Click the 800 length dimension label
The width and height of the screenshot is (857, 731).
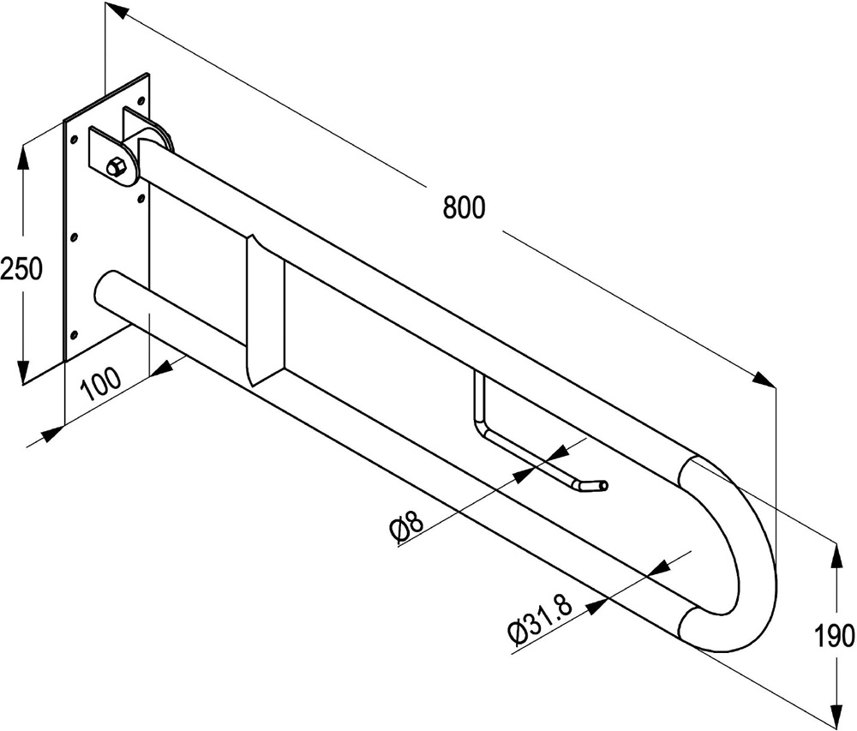pyautogui.click(x=464, y=207)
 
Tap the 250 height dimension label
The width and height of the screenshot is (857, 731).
pyautogui.click(x=21, y=268)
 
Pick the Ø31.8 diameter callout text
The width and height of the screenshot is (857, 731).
pyautogui.click(x=540, y=619)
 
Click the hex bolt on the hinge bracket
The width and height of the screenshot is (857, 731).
pyautogui.click(x=117, y=167)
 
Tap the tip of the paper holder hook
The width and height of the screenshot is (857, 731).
pyautogui.click(x=603, y=485)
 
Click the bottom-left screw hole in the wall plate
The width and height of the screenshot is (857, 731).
pyautogui.click(x=73, y=334)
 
